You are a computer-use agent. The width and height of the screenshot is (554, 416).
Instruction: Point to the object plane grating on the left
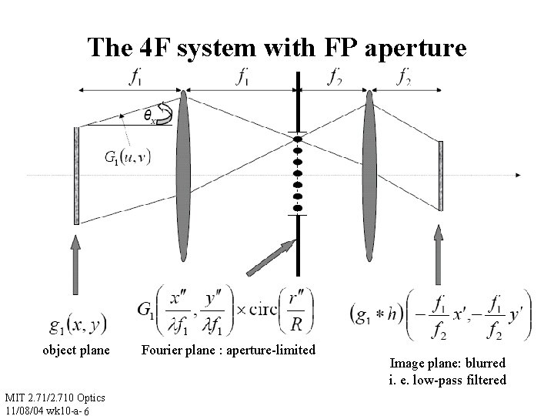76,175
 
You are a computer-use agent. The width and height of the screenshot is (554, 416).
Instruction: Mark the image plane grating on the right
441,175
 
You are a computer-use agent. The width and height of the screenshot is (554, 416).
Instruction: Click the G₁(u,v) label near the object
128,156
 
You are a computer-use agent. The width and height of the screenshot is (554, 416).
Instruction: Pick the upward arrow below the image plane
441,263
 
